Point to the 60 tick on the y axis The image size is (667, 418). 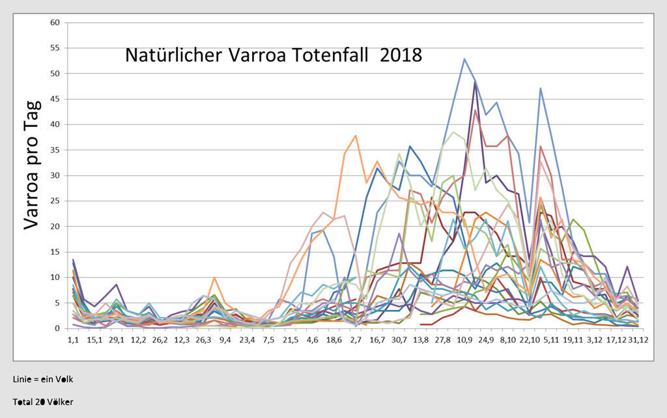[55, 22]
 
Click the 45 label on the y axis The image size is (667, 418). [55, 99]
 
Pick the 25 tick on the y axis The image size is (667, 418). [55, 201]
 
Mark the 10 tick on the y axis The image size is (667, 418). [55, 277]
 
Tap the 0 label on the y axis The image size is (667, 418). [57, 329]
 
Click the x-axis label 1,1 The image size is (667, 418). [73, 341]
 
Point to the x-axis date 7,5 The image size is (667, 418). [269, 341]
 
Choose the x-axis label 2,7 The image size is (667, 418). [356, 341]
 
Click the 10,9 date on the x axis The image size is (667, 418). [464, 341]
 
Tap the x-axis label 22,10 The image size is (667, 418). [530, 341]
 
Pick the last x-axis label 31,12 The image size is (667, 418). [638, 341]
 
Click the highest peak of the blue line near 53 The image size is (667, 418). [464, 59]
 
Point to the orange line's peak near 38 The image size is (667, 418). [356, 135]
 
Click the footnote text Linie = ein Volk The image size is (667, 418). [38, 379]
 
